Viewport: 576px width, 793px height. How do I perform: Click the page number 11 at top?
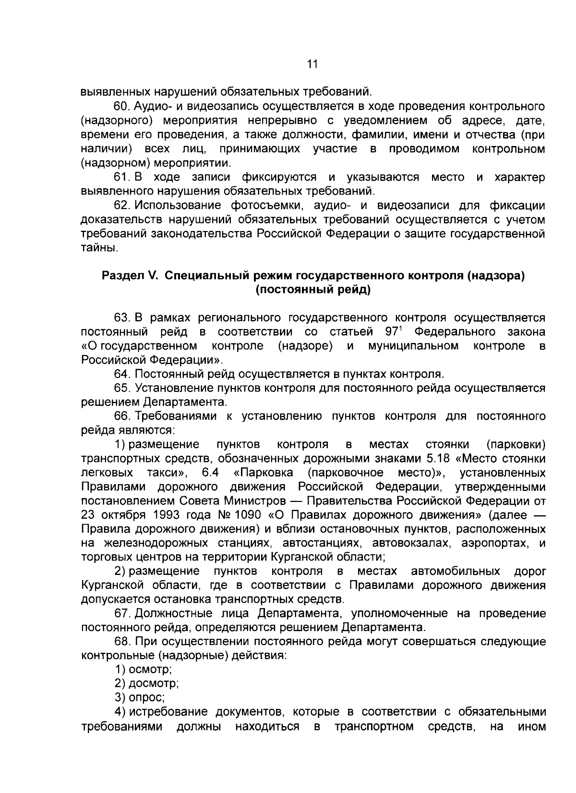312,64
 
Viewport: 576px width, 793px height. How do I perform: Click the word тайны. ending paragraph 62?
98,248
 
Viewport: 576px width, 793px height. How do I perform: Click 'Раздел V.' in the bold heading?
126,276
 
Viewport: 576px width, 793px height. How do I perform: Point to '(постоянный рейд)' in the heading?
312,290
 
